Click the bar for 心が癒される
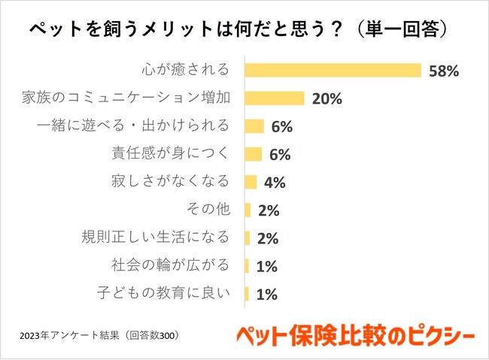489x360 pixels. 333,71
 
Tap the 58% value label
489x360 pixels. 443,71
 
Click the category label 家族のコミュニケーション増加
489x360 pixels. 123,98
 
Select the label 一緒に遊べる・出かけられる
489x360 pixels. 132,126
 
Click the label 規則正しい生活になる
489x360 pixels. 155,238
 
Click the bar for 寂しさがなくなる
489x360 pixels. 251,182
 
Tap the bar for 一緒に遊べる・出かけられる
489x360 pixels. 254,126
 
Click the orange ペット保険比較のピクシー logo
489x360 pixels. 352,332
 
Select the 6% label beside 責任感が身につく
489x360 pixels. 279,155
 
